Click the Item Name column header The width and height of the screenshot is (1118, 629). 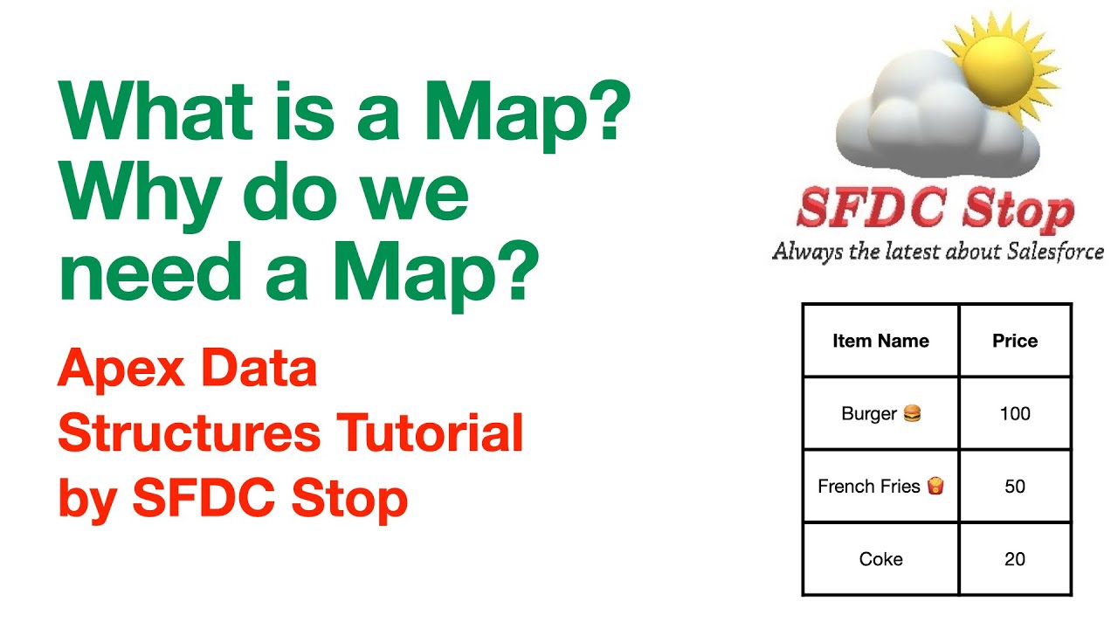[880, 341]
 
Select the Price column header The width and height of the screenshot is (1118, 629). [1015, 341]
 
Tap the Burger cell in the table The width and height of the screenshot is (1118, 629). [880, 413]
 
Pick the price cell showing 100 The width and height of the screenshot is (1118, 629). [1015, 413]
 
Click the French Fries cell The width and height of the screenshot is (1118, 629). [880, 486]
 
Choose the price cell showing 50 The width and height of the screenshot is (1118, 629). [1015, 486]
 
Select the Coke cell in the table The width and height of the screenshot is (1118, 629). [880, 559]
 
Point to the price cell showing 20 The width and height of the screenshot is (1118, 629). [1015, 559]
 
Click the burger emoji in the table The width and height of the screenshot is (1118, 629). [912, 413]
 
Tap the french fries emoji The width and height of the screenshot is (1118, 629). [935, 486]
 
